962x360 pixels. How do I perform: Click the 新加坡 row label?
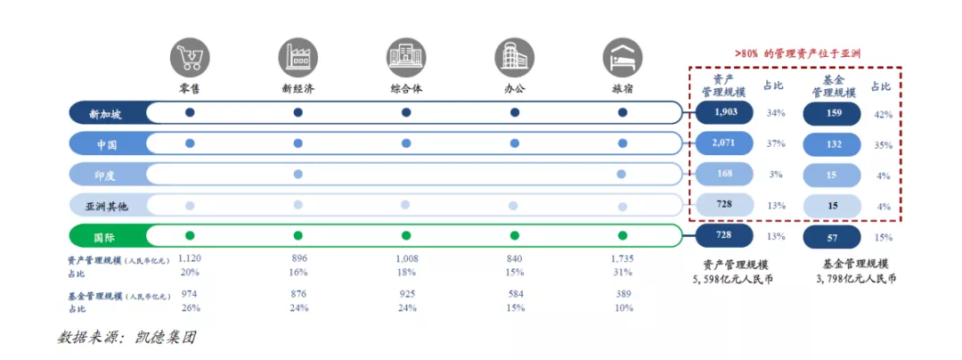tap(107, 113)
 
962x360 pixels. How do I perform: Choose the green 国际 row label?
tap(107, 236)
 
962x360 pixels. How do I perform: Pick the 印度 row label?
tap(107, 174)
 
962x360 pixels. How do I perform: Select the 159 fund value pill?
tap(833, 113)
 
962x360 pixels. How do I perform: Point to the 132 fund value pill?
tap(833, 143)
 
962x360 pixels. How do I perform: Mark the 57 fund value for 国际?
tap(833, 236)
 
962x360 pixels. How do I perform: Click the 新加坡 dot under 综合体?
tap(406, 113)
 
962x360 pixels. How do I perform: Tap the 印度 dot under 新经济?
tap(298, 174)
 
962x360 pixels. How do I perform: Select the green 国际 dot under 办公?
tap(514, 236)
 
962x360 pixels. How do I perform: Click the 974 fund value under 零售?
tap(190, 293)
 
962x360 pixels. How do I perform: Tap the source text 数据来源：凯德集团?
tap(126, 338)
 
